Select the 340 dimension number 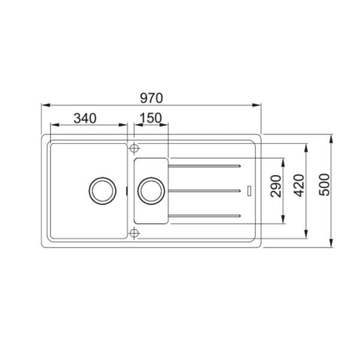coord(85,118)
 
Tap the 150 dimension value coord(151,118)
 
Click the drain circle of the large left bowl coord(101,190)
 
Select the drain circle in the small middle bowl coord(149,190)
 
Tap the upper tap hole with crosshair coord(134,146)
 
